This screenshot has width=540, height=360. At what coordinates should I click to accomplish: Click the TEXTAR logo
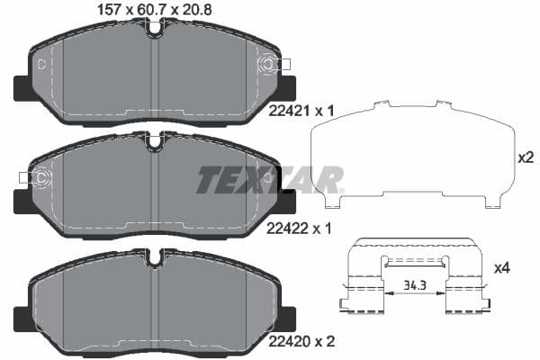(270, 179)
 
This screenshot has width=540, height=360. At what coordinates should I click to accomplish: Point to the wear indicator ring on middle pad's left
(39, 177)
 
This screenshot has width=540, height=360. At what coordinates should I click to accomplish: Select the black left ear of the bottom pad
(22, 317)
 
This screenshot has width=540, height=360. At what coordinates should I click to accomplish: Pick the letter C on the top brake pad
(42, 64)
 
